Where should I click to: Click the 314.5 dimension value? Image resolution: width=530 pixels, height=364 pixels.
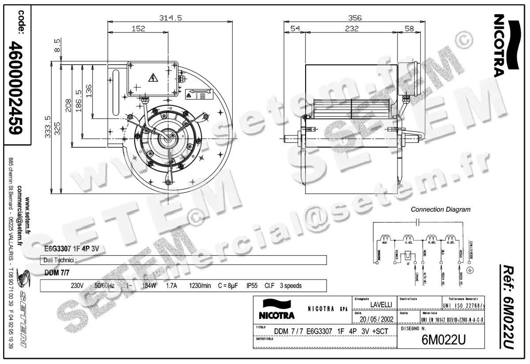(170, 18)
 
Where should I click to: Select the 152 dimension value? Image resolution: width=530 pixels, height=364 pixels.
(138, 29)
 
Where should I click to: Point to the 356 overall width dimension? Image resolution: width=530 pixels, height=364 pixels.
(355, 18)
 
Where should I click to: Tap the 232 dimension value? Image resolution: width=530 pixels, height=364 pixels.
(352, 29)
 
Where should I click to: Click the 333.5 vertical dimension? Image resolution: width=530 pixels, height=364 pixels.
(47, 127)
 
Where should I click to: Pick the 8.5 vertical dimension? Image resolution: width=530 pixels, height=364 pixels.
(57, 46)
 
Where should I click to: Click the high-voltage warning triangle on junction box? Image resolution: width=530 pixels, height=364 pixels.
(153, 79)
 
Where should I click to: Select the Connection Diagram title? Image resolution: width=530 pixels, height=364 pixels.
(440, 209)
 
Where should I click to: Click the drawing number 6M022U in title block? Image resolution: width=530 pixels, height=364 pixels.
(443, 340)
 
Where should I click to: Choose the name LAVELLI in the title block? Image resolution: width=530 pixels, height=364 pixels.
(381, 304)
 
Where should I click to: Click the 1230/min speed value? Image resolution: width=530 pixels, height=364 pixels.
(200, 286)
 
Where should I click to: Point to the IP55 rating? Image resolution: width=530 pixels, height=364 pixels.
(252, 286)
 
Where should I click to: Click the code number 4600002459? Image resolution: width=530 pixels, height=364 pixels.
(18, 88)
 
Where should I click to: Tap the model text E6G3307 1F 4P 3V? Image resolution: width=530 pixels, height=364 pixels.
(71, 249)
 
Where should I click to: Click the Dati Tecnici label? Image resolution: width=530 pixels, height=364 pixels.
(60, 260)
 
